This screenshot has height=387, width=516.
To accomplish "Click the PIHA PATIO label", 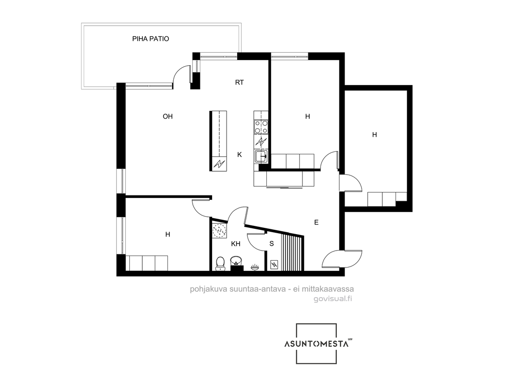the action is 151,39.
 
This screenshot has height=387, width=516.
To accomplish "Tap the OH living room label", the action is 168,117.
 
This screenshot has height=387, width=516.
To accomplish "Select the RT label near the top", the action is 239,83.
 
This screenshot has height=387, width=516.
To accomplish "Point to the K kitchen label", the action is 240,154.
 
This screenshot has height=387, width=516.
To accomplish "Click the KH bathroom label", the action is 236,244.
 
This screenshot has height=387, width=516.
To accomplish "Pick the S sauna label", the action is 272,244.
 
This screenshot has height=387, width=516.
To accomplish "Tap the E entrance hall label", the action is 316,223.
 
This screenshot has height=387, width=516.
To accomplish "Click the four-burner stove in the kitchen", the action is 260,127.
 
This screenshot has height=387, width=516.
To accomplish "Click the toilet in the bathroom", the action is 220,264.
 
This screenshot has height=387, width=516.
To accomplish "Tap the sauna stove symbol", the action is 274,264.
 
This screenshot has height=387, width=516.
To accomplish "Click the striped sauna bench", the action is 291,252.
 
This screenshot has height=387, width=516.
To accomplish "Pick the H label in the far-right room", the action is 374,135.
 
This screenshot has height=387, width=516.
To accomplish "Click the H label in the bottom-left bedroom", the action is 168,235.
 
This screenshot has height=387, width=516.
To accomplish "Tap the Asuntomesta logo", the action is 317,343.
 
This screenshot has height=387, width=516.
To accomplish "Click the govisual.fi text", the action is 333,299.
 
